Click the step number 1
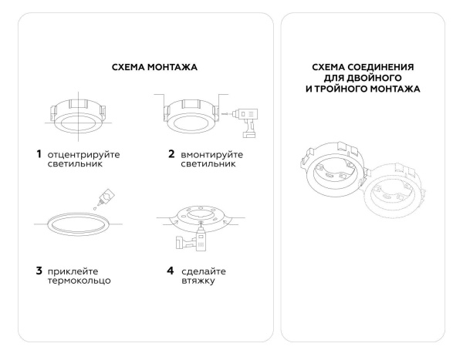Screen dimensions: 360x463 pyautogui.click(x=39, y=154)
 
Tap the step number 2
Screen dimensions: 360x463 pyautogui.click(x=171, y=154)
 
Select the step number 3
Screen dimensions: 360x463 pyautogui.click(x=39, y=270)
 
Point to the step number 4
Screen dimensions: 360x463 pyautogui.click(x=171, y=270)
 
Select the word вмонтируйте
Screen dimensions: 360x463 pyautogui.click(x=212, y=155)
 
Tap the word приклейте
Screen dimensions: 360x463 pyautogui.click(x=76, y=271)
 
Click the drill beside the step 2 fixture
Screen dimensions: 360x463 pyautogui.click(x=247, y=119)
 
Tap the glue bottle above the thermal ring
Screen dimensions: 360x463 pyautogui.click(x=103, y=196)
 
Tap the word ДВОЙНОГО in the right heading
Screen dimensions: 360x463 pyautogui.click(x=376, y=79)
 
